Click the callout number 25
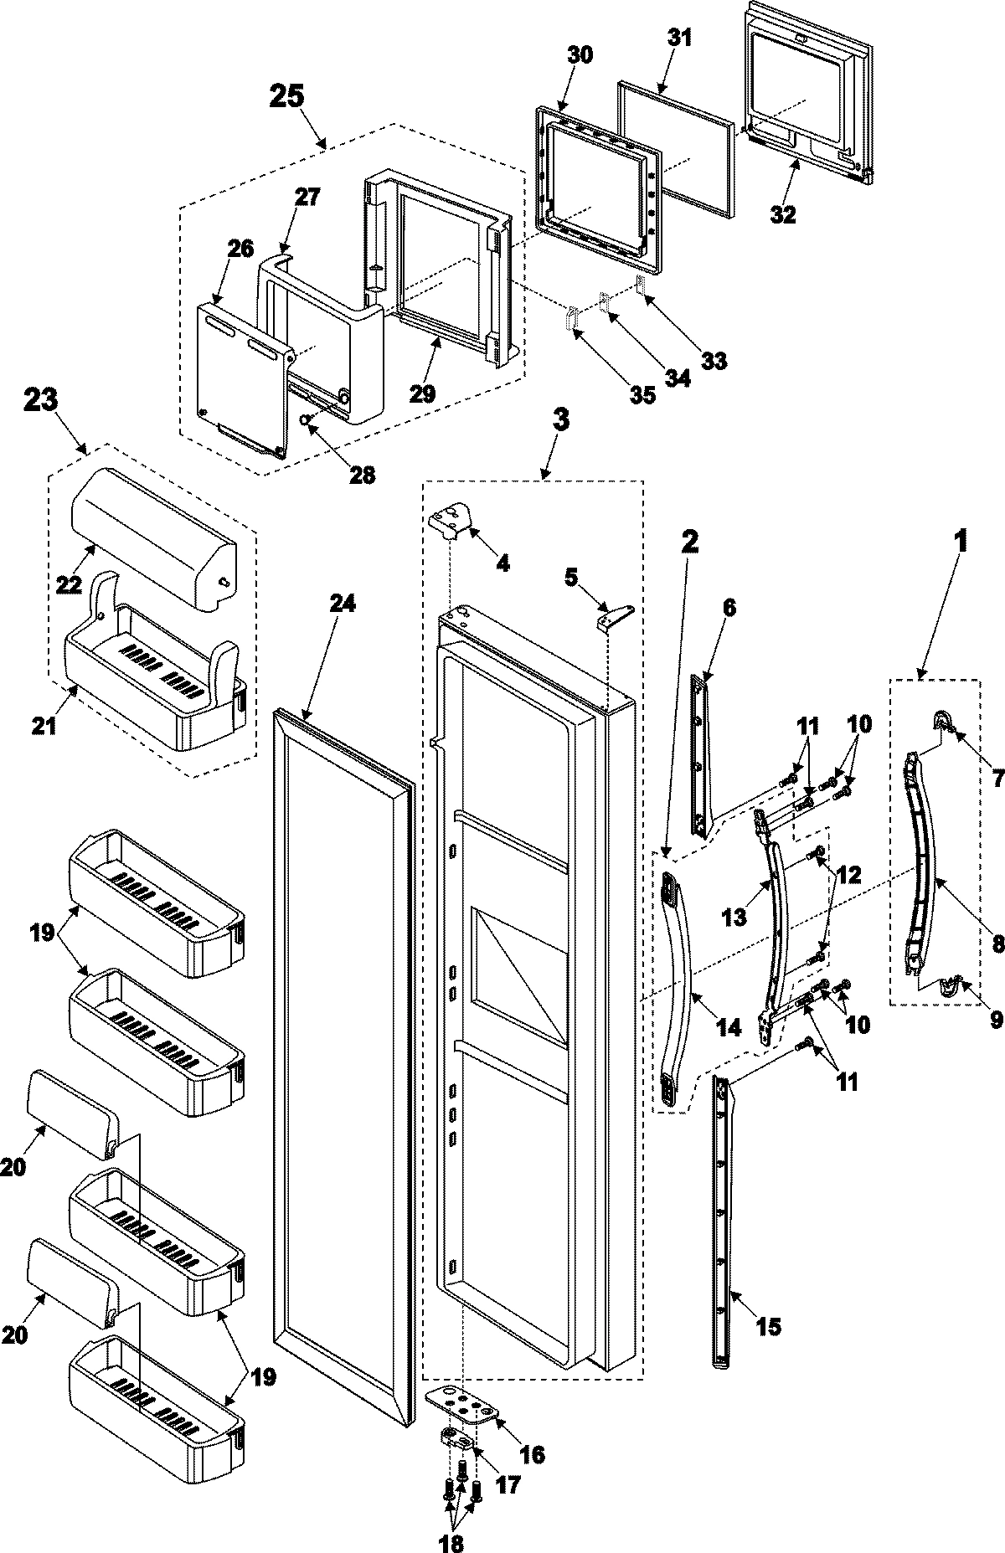(x=286, y=96)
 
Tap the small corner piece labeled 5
(x=607, y=619)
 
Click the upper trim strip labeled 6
(x=700, y=753)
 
